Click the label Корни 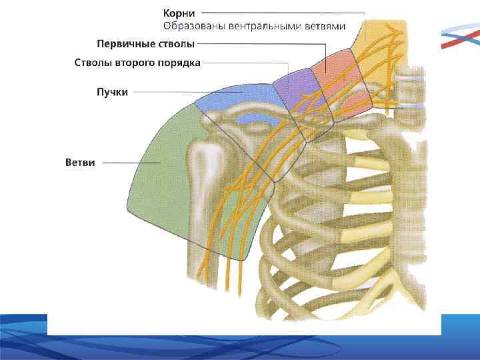(179, 12)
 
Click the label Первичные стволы (145, 44)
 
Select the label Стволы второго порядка (137, 63)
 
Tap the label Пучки (112, 92)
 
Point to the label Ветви (80, 162)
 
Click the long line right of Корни (283, 12)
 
